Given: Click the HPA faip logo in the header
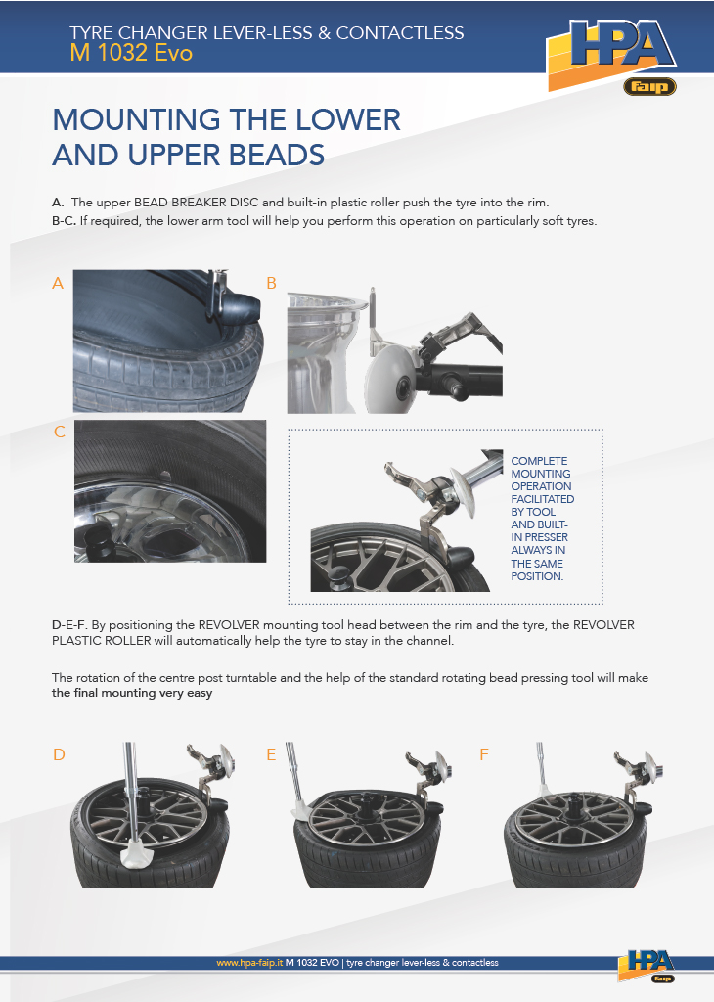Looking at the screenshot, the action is click(x=611, y=56).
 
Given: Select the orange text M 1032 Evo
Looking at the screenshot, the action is click(x=131, y=53).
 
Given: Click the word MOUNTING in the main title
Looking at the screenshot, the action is click(x=137, y=119).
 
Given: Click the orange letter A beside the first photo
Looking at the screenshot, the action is click(x=58, y=283).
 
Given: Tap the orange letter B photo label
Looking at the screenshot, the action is click(x=272, y=283).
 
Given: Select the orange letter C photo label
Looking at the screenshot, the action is click(x=60, y=432).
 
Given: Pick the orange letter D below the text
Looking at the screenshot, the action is click(x=59, y=754).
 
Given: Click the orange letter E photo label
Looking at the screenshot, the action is click(x=271, y=754).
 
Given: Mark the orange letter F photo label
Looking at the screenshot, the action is click(x=483, y=754).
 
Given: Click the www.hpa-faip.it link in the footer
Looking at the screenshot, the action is click(x=249, y=963).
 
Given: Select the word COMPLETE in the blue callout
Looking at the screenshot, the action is click(x=539, y=461).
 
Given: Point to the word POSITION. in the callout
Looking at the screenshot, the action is click(x=537, y=575).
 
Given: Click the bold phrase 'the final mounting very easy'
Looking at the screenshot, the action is click(x=132, y=694).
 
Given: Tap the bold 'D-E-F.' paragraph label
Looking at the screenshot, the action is click(x=69, y=625).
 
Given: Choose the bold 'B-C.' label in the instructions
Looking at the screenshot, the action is click(x=64, y=221).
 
